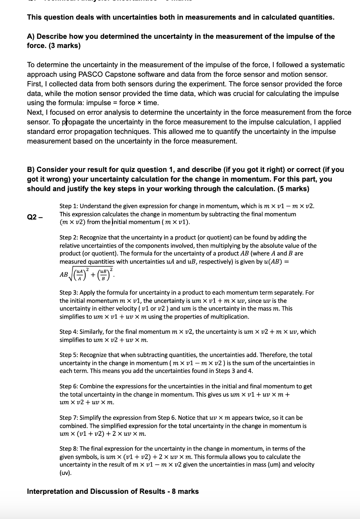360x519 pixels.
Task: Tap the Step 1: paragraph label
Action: [69, 206]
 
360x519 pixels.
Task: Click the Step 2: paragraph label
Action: [69, 238]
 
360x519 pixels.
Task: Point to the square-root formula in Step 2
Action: [86, 275]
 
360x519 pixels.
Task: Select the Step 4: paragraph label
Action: [69, 332]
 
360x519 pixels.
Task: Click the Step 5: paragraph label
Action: [69, 355]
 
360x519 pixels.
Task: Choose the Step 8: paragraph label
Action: [69, 449]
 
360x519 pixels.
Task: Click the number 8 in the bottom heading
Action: [174, 491]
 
